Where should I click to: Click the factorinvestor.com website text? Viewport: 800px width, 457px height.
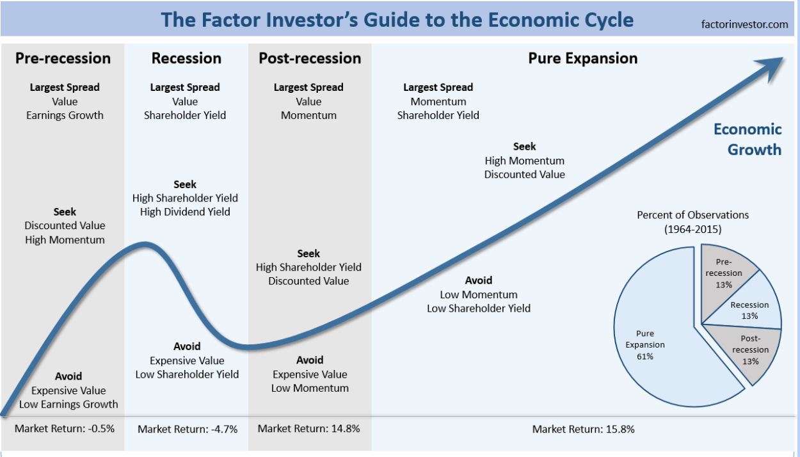[x=744, y=24]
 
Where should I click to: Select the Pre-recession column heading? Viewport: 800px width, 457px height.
[x=63, y=58]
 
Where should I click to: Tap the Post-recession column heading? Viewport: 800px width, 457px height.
[x=310, y=58]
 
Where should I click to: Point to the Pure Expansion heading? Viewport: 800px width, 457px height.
[x=583, y=58]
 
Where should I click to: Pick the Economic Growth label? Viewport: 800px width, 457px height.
[x=748, y=140]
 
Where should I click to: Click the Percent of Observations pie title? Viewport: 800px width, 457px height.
[x=693, y=222]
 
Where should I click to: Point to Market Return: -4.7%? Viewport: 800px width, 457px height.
[x=188, y=429]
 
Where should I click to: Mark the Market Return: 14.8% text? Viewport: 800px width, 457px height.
[x=308, y=428]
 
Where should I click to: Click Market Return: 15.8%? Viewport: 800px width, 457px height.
[x=583, y=429]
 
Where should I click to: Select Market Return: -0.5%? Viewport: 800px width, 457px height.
[x=64, y=428]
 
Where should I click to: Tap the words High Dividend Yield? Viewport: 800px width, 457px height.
[x=185, y=212]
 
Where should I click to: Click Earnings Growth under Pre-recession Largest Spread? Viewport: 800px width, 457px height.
[x=65, y=115]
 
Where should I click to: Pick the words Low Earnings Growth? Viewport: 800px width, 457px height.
[x=68, y=404]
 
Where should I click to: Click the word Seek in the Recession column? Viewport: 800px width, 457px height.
[x=185, y=184]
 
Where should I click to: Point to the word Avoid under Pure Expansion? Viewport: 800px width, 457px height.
[x=479, y=280]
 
